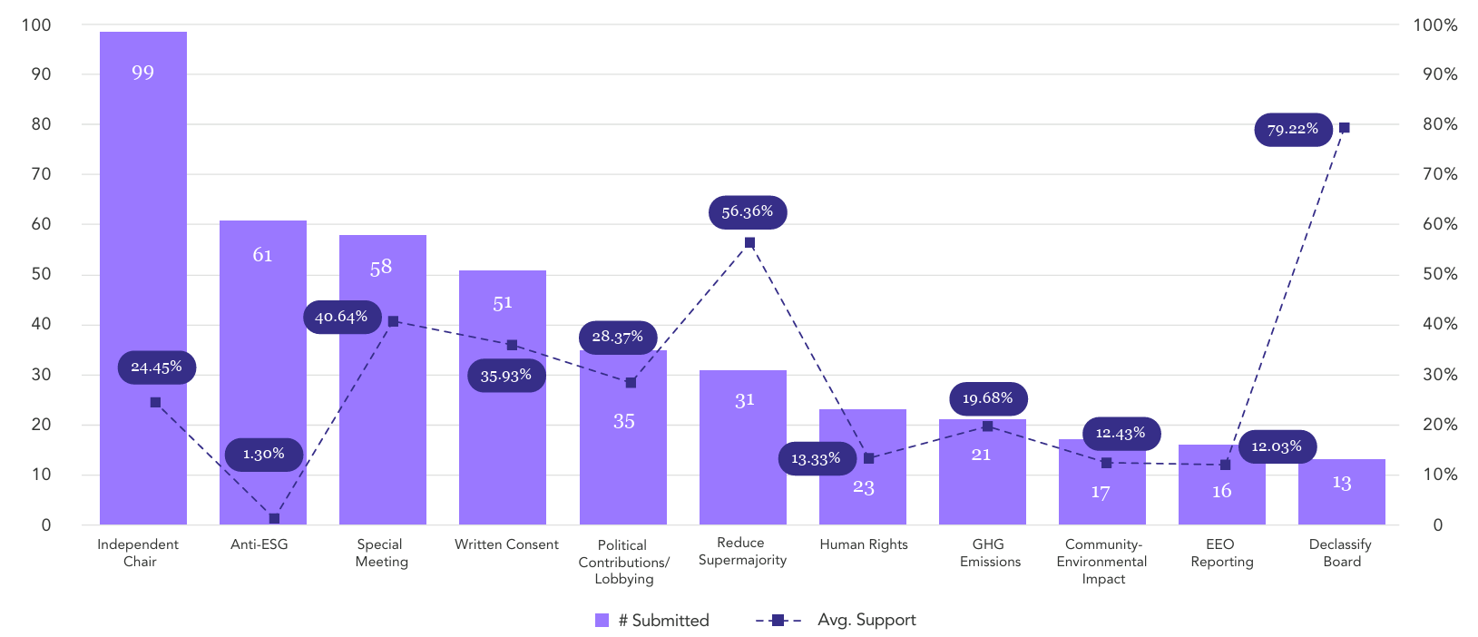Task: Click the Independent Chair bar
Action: [143, 278]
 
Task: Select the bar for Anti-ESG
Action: [262, 372]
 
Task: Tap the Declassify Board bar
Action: [1341, 492]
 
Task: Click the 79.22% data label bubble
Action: [1293, 130]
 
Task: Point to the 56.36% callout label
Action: [748, 212]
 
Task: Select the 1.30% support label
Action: [264, 454]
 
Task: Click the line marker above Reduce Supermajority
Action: [749, 243]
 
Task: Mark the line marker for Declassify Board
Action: [1344, 127]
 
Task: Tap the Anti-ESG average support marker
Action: [275, 518]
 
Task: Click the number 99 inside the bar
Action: [143, 72]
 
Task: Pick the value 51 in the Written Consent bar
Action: [503, 303]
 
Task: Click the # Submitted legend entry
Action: [652, 620]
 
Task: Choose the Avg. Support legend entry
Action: [836, 620]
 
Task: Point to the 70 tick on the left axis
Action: [41, 174]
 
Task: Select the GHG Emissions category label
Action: [990, 553]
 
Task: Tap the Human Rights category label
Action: [864, 544]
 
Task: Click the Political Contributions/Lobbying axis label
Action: [623, 562]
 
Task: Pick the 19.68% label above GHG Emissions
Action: [988, 398]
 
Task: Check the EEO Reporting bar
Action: [1222, 485]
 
